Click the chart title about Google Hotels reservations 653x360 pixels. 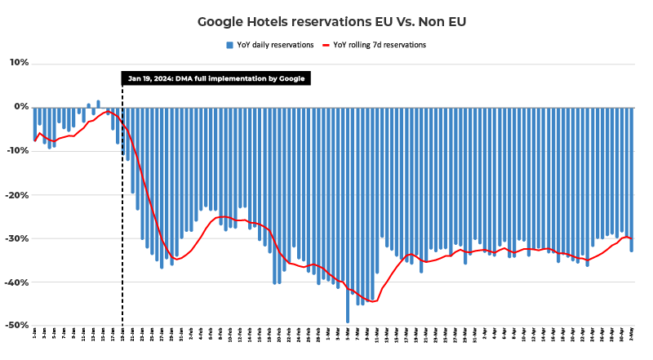pos(326,21)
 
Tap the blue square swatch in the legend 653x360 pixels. pos(229,45)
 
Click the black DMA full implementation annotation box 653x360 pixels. pos(216,78)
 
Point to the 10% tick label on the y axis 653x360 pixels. pos(20,63)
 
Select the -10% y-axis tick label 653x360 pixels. pos(19,151)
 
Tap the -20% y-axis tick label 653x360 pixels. pos(19,195)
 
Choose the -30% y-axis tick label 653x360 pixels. pos(19,239)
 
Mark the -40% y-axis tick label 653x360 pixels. pos(19,282)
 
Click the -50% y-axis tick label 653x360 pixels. pos(19,326)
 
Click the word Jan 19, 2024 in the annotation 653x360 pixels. pos(150,78)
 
